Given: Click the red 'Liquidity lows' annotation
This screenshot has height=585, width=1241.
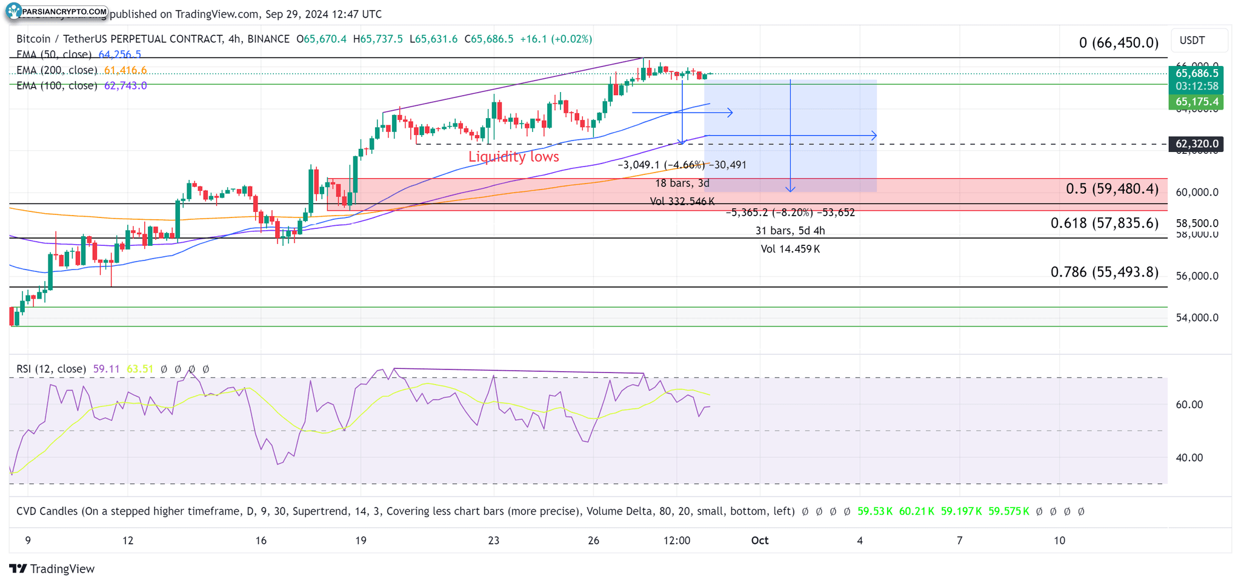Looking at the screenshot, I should point(513,157).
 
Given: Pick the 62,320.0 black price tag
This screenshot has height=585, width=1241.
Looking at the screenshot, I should point(1196,144).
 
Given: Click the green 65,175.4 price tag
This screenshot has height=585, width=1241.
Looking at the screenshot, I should point(1196,102).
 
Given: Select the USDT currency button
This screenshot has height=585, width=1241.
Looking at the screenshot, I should point(1192,41).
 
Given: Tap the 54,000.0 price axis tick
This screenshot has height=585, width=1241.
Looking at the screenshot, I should point(1196,317).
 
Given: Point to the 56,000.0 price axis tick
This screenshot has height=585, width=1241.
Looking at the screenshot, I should point(1196,276).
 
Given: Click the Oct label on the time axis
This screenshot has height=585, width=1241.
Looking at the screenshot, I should point(759,540).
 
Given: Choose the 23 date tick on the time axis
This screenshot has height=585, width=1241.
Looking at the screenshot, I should point(494,540).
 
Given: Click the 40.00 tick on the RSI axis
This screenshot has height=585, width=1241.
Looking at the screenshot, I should point(1189,458).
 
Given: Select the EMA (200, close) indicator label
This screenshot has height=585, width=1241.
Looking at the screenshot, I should point(57,70).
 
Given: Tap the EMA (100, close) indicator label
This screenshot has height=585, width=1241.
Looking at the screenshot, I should point(57,86).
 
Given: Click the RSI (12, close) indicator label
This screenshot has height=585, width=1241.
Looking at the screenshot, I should point(51,369).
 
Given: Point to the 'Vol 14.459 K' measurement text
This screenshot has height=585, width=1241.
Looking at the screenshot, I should point(790,249).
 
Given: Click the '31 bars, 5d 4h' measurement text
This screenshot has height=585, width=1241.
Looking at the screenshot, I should point(790,231).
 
